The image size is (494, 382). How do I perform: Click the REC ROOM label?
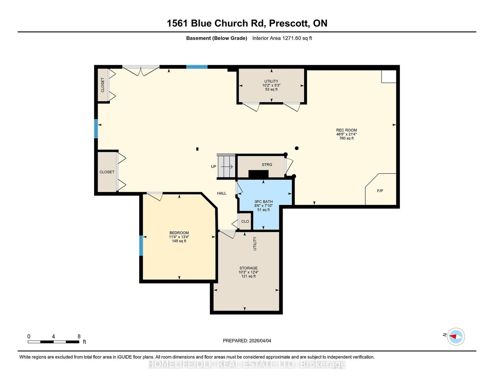pyautogui.click(x=346, y=130)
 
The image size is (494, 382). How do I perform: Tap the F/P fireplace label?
pyautogui.click(x=380, y=191)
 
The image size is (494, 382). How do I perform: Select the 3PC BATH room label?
pyautogui.click(x=263, y=202)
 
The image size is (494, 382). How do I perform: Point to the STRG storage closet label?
pyautogui.click(x=267, y=165)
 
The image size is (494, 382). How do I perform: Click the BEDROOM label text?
pyautogui.click(x=179, y=233)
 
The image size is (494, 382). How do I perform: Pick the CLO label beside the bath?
pyautogui.click(x=245, y=221)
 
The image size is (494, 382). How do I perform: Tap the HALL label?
pyautogui.click(x=222, y=193)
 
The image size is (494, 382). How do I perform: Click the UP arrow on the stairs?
pyautogui.click(x=227, y=167)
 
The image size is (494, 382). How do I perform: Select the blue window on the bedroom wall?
pyautogui.click(x=141, y=246)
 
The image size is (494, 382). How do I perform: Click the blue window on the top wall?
pyautogui.click(x=197, y=67)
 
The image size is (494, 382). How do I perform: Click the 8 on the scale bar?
pyautogui.click(x=79, y=336)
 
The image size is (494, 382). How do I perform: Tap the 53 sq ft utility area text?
pyautogui.click(x=271, y=89)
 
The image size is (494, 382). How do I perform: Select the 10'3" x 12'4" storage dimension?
pyautogui.click(x=249, y=272)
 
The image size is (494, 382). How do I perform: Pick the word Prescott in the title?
pyautogui.click(x=289, y=23)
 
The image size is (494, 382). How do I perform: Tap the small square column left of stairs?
pyautogui.click(x=197, y=149)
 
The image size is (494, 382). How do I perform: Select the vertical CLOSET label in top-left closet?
pyautogui.click(x=103, y=85)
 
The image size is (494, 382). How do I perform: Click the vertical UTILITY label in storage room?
pyautogui.click(x=255, y=243)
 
